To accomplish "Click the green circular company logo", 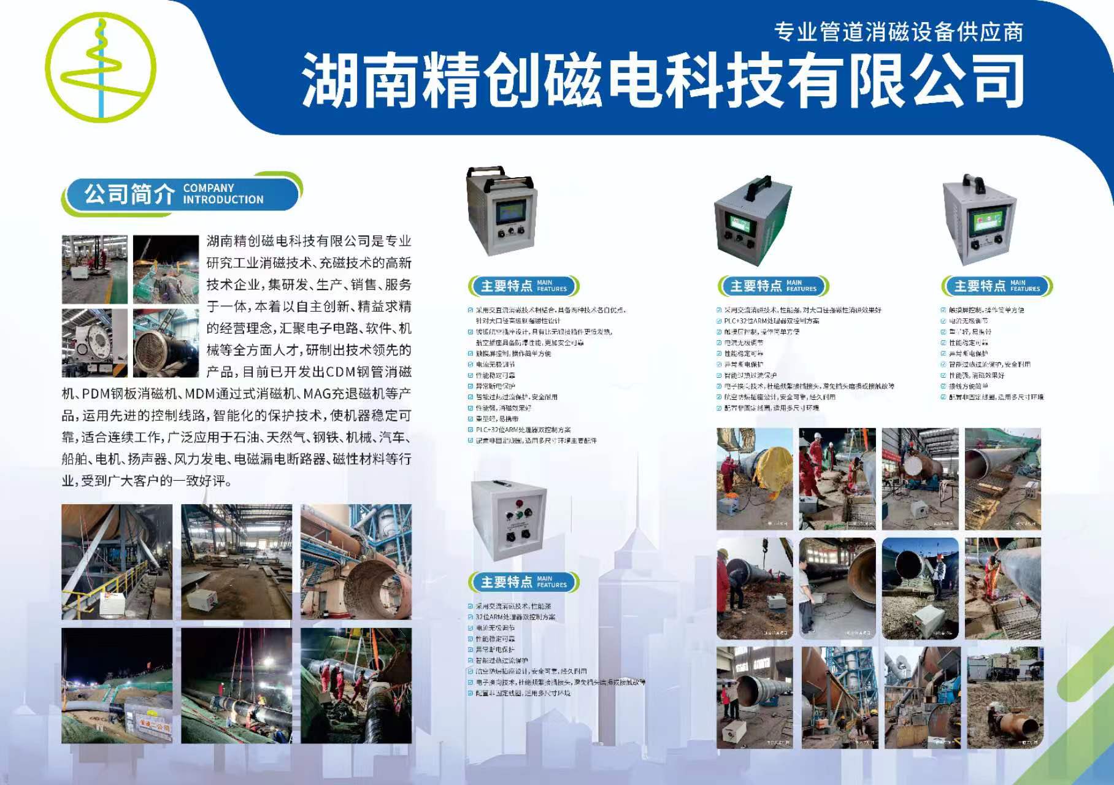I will tap(101, 67).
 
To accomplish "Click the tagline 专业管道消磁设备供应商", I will tap(898, 32).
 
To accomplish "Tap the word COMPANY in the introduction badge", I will tap(209, 188).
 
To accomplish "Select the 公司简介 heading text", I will tap(129, 194).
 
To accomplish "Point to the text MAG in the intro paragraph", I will tap(317, 394).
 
